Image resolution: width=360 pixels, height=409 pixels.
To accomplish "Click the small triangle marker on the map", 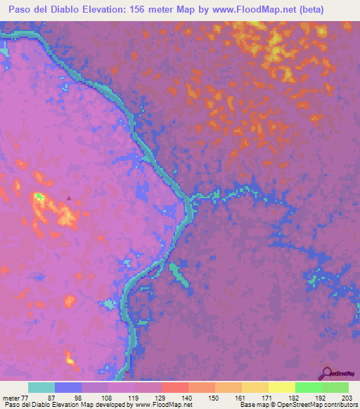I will pyautogui.click(x=68, y=198).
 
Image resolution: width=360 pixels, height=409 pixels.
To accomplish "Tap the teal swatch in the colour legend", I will pyautogui.click(x=41, y=387).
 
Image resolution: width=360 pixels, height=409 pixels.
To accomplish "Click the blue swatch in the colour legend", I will pyautogui.click(x=68, y=387).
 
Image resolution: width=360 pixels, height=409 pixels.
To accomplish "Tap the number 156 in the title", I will pyautogui.click(x=158, y=9).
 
